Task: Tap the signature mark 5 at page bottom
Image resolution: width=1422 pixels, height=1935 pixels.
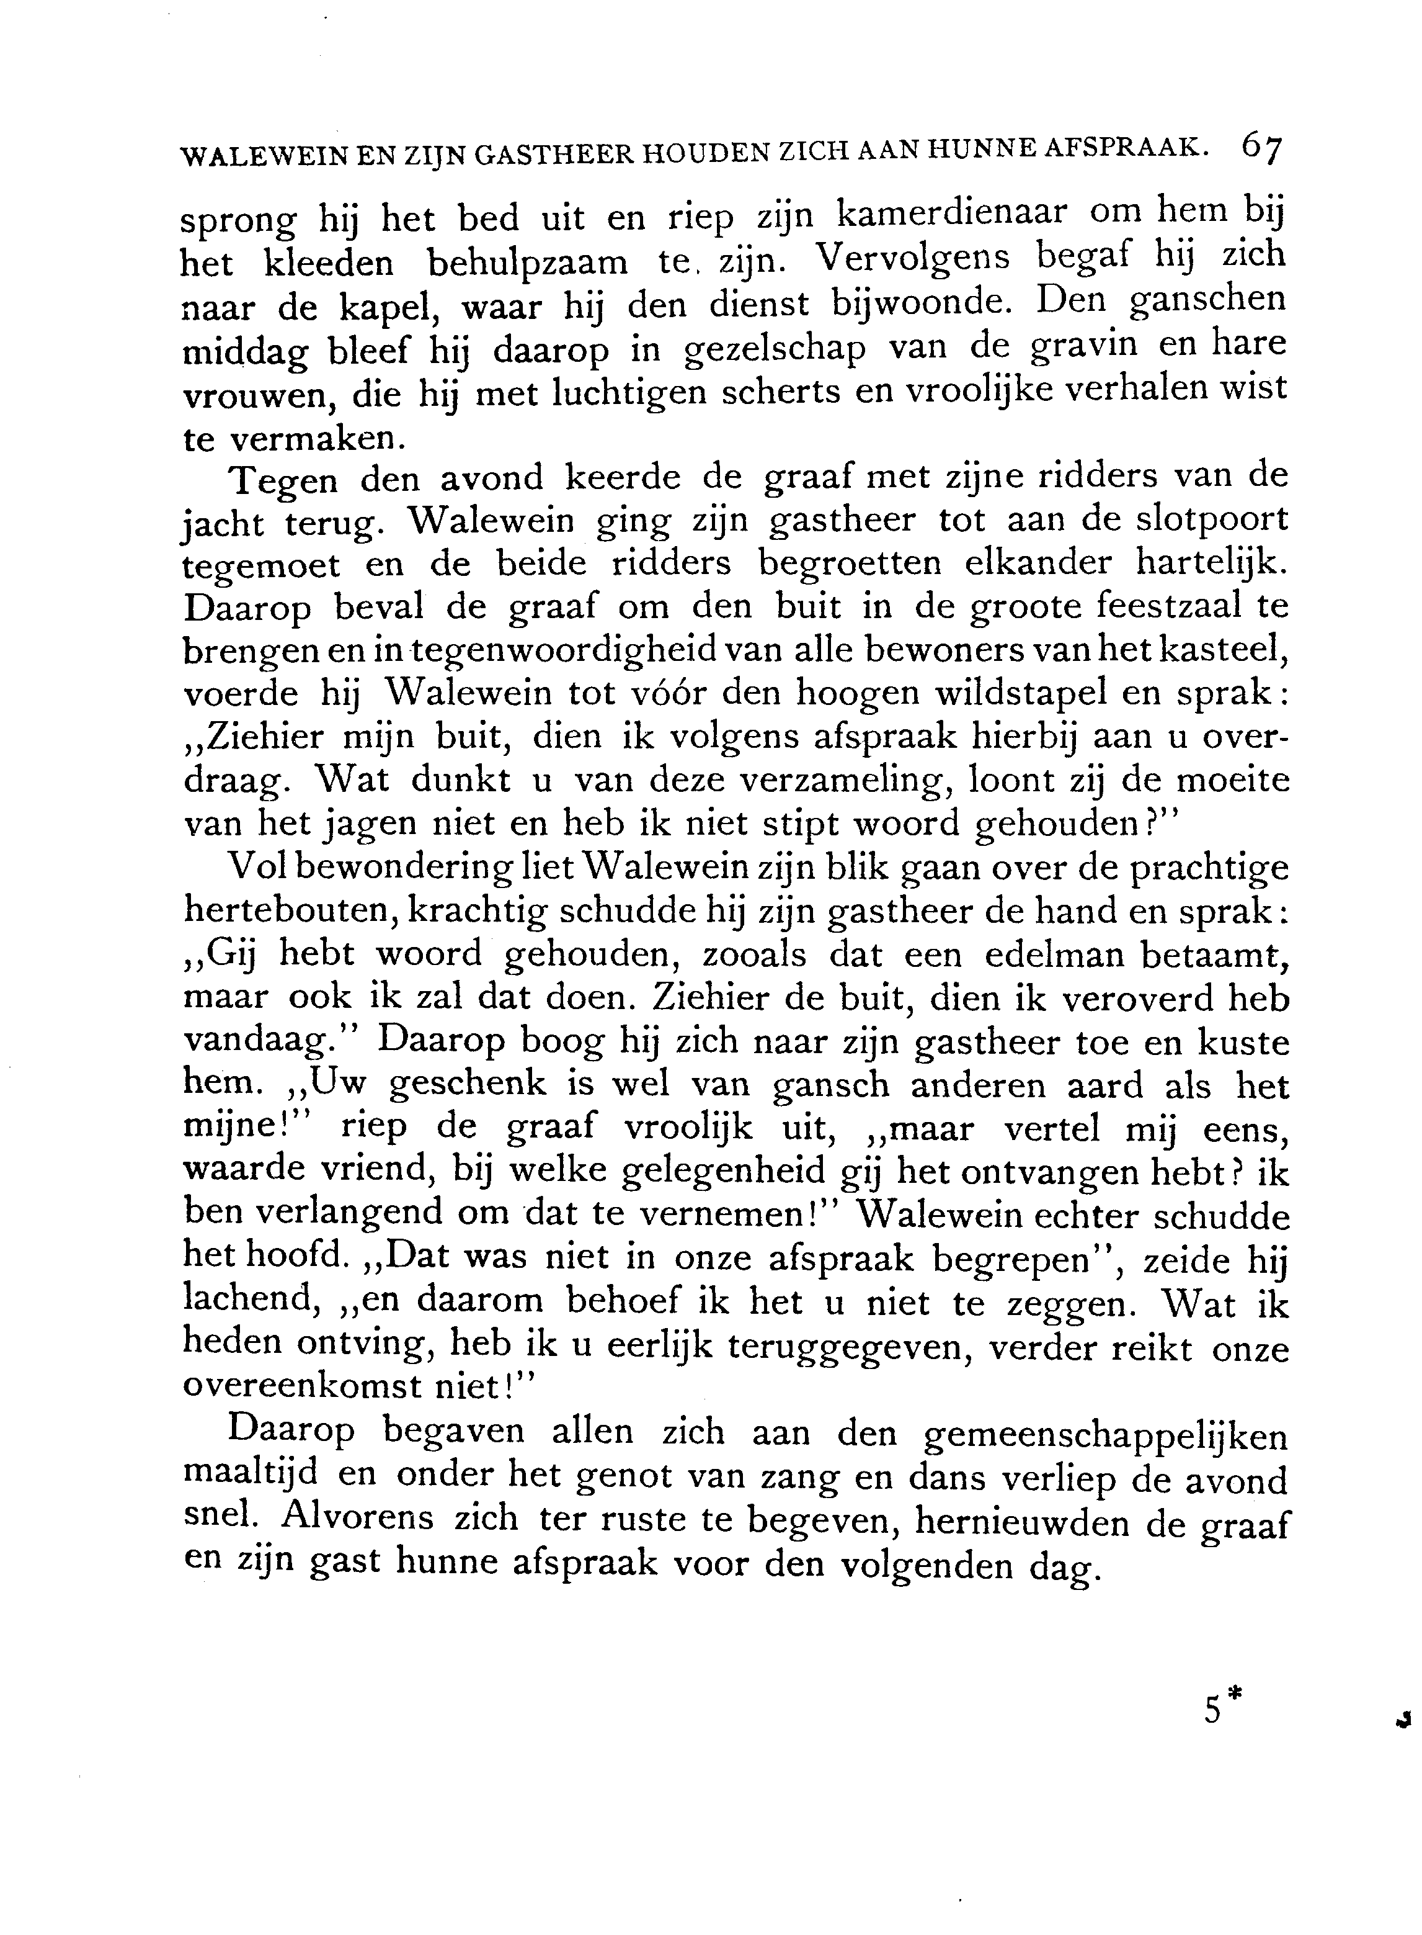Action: tap(1213, 1708)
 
